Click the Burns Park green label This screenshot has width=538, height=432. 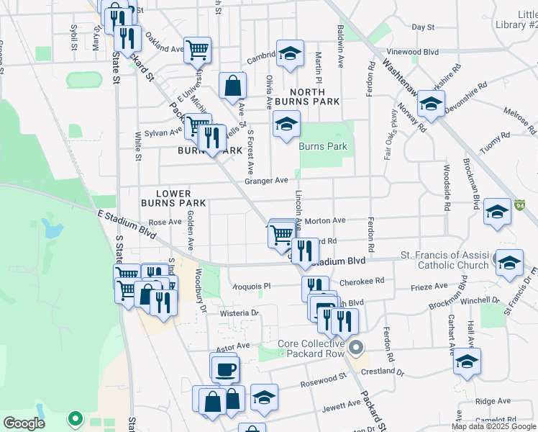pyautogui.click(x=323, y=146)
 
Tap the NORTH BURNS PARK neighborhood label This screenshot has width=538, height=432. pyautogui.click(x=314, y=97)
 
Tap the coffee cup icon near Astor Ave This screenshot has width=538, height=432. pyautogui.click(x=224, y=369)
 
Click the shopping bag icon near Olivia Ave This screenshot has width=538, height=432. pyautogui.click(x=233, y=86)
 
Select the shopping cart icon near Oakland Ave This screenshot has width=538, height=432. pyautogui.click(x=197, y=51)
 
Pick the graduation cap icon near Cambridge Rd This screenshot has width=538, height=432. pyautogui.click(x=290, y=55)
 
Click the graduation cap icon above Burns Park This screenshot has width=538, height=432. pyautogui.click(x=286, y=125)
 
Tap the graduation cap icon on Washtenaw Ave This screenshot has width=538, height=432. pyautogui.click(x=431, y=104)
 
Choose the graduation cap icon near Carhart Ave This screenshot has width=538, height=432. pyautogui.click(x=467, y=361)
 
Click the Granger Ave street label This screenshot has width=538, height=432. pyautogui.click(x=266, y=181)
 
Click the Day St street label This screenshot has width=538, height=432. pyautogui.click(x=423, y=27)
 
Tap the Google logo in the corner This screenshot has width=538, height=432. pyautogui.click(x=24, y=423)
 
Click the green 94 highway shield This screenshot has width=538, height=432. pyautogui.click(x=520, y=206)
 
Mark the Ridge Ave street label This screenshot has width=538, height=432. pyautogui.click(x=493, y=401)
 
